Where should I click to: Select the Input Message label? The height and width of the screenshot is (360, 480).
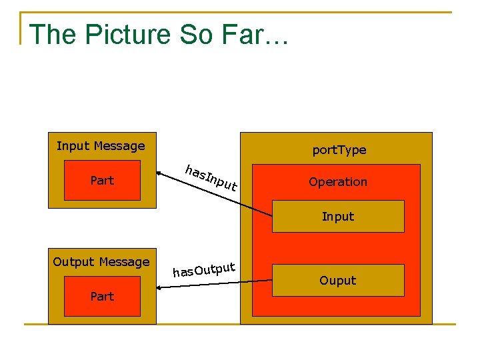coord(101,146)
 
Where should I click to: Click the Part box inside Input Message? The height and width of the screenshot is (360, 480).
coord(102,180)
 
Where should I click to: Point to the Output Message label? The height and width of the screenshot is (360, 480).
coord(101,262)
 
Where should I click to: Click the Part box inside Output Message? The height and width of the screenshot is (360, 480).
coord(102,297)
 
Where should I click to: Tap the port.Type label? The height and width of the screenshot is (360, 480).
coord(339,150)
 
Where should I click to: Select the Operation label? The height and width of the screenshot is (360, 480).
coord(337,181)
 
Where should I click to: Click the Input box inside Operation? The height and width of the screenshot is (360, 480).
coord(338,216)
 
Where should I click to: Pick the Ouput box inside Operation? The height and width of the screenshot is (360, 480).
coord(338,280)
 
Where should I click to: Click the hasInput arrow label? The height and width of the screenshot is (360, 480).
coord(211,177)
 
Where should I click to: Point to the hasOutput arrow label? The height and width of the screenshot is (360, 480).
coord(204,269)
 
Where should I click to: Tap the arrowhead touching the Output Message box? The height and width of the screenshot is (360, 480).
coord(160,288)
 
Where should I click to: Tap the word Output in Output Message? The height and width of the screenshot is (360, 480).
coord(73,262)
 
